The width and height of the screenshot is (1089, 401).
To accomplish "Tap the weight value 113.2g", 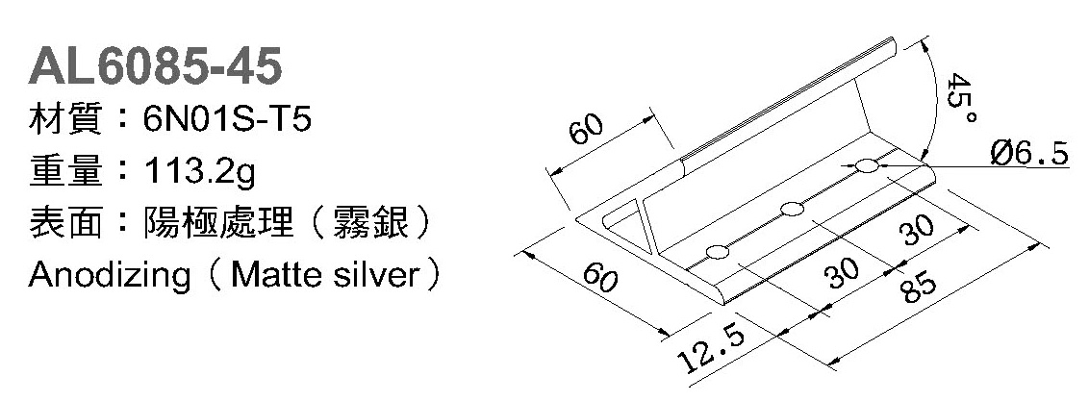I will click(197, 173).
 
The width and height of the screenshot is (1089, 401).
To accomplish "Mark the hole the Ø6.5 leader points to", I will click(868, 167).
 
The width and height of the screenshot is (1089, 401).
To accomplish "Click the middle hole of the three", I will click(793, 209).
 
